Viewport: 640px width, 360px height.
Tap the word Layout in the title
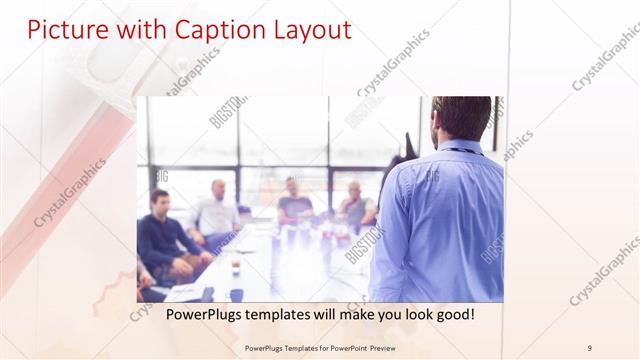coord(309,30)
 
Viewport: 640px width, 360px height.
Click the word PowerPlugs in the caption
coord(186,315)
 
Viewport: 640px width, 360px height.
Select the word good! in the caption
coord(452,315)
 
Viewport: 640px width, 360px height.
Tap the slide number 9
coord(589,348)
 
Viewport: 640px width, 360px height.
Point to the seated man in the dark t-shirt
coord(294,200)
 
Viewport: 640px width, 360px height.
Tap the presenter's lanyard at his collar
coord(460,151)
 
